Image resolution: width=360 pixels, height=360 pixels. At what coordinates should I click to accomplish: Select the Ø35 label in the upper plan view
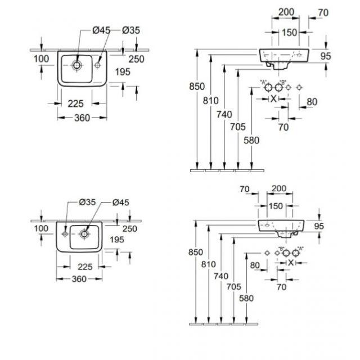coord(130,30)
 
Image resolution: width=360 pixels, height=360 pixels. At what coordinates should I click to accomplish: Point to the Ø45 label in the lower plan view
coord(121,202)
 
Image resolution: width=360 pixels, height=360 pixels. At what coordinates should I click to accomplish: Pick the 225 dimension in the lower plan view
coord(85,267)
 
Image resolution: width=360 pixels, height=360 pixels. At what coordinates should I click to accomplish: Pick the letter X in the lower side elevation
coord(291,263)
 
